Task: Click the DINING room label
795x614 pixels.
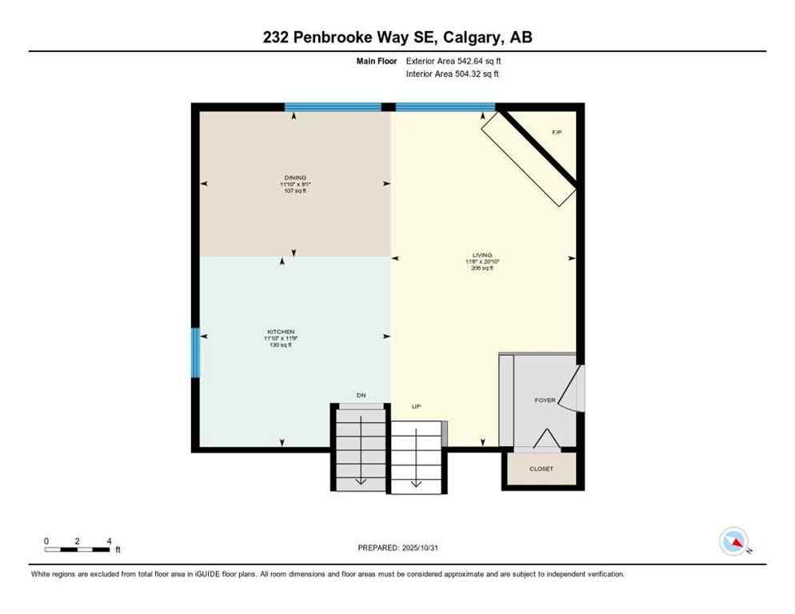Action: point(294,177)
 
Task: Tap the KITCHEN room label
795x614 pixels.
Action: point(281,332)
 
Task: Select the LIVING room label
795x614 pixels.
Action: point(481,255)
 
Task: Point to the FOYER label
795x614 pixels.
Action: point(545,400)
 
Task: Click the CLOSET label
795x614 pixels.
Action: point(541,468)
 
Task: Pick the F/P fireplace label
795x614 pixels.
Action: point(557,132)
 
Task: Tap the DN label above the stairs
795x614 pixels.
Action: point(361,396)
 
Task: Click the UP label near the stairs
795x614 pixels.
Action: point(416,406)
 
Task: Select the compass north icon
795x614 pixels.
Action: point(734,542)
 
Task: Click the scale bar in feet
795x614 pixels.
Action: point(78,549)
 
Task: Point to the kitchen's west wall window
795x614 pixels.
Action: point(194,352)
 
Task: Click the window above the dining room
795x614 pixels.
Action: point(333,106)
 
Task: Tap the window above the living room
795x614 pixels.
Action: point(445,106)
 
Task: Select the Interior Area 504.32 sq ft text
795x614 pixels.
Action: point(452,74)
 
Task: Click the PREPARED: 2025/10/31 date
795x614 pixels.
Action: point(397,548)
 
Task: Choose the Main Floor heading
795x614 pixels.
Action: point(376,61)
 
